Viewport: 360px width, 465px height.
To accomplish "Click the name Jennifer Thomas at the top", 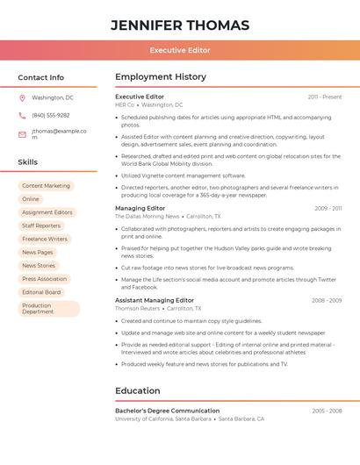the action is pos(180,25).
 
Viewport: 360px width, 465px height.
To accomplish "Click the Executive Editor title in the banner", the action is pos(180,50).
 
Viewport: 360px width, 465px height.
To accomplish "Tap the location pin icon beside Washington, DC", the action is pos(22,98).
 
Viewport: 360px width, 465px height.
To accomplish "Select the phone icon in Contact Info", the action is pos(22,116).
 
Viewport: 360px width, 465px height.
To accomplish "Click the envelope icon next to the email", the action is pos(22,134).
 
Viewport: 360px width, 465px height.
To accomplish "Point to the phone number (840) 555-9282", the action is pos(51,116).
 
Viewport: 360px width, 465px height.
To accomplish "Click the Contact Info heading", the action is pos(41,77).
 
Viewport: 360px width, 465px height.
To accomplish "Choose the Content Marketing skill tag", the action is pos(46,186).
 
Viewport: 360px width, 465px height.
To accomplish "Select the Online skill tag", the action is pos(31,199).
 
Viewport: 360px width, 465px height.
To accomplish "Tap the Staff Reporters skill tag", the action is pos(41,225).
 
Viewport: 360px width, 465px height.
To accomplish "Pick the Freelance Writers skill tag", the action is pos(45,239).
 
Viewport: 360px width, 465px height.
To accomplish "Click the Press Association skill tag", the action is pos(44,279).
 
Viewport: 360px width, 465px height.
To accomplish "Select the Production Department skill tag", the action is pos(48,309).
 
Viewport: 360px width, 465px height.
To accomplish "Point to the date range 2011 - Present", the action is pos(325,97).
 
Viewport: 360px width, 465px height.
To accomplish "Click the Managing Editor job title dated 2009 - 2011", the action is pos(140,208).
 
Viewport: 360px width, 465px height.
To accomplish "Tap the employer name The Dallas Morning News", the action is pos(147,216).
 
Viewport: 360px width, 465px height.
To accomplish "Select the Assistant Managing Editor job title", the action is pos(155,300).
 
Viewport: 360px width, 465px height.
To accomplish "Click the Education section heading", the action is pos(138,390).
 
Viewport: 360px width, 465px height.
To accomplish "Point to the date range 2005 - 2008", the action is pos(326,411).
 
